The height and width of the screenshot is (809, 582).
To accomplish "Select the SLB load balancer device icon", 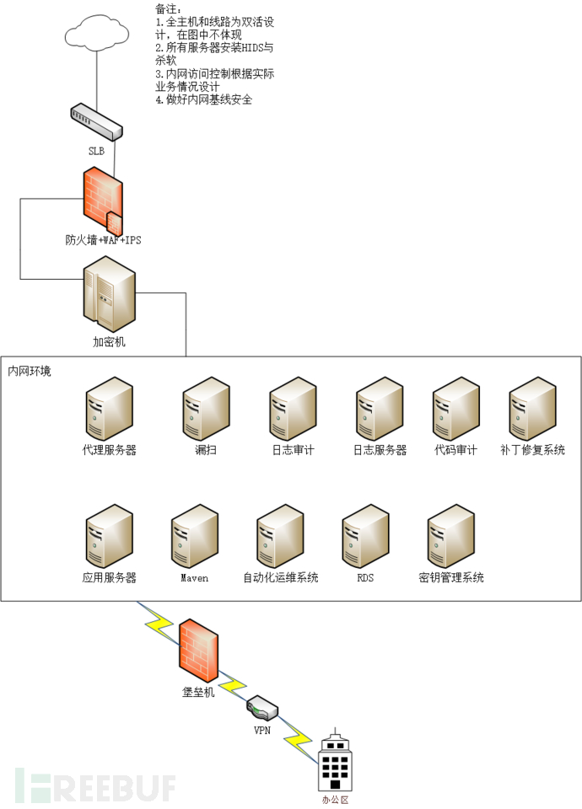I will click(x=97, y=121).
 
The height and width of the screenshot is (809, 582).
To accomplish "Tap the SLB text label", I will click(x=97, y=152).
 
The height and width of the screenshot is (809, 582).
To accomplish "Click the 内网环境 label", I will click(x=29, y=371).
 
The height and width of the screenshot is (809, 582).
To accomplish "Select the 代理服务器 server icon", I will click(x=109, y=408).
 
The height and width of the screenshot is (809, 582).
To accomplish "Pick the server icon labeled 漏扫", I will click(x=206, y=408).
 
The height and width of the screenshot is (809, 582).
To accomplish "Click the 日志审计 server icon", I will click(x=293, y=408).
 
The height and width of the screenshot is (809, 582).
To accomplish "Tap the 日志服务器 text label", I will click(x=380, y=451).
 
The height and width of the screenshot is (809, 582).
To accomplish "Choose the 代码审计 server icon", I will click(x=455, y=408).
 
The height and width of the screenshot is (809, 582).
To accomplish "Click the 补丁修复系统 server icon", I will click(x=532, y=408).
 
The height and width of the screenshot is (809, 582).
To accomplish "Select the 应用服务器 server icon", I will click(x=109, y=535).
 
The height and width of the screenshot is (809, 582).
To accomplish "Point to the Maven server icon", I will click(x=194, y=535).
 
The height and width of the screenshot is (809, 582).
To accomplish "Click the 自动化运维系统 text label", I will click(x=280, y=578).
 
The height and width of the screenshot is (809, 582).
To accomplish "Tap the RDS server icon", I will click(x=365, y=535).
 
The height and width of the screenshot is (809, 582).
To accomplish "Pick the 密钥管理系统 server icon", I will click(x=450, y=535).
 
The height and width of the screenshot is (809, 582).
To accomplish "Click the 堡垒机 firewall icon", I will click(x=199, y=649).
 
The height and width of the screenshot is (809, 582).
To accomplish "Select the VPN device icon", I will click(x=261, y=706).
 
